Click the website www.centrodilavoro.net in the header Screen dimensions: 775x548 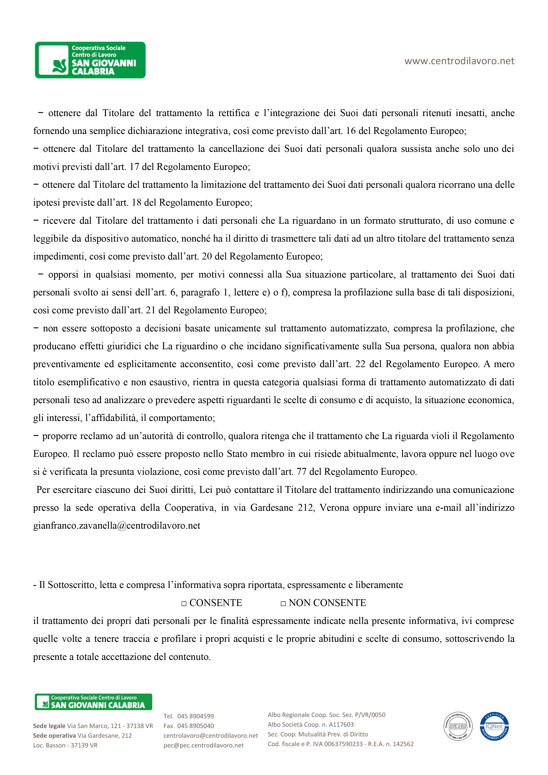pos(459,61)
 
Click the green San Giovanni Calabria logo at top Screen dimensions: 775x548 pos(90,60)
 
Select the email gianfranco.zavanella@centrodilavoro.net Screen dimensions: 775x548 pos(116,525)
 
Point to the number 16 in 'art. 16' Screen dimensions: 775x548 pos(351,131)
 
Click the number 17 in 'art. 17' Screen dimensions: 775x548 pos(134,167)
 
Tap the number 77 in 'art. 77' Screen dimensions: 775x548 pos(301,471)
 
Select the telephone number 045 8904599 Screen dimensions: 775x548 pos(195,716)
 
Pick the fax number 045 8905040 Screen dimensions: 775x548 pos(195,726)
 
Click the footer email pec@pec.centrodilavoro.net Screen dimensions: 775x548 pos(204,745)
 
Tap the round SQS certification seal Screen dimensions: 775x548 pos(458,726)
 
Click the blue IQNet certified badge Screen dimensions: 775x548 pos(494,726)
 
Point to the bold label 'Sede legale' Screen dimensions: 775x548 pos(49,726)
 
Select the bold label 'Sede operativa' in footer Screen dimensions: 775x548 pos(54,736)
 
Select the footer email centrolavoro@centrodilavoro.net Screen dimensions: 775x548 pos(211,736)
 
